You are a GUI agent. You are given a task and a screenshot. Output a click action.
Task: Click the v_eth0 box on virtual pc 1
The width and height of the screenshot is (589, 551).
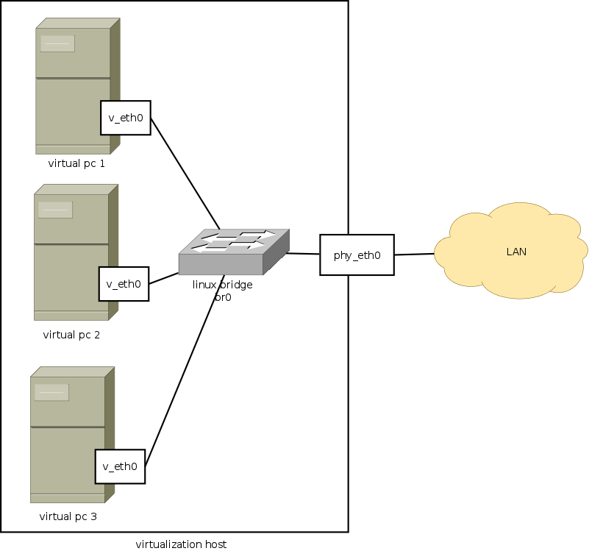pos(125,118)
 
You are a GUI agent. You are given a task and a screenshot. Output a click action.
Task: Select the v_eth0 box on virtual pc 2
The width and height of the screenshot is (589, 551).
pos(124,284)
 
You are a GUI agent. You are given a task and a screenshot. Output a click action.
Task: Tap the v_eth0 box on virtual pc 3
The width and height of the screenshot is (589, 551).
pos(120,466)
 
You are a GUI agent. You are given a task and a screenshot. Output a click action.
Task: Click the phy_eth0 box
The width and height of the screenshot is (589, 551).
pos(357,255)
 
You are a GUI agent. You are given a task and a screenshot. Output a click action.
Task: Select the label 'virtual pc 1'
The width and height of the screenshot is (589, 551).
pos(76,163)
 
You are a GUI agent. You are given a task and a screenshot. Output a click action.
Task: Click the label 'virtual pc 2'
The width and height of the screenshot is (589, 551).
pos(71,335)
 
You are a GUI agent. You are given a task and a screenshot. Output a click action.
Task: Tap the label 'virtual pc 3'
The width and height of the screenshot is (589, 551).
pos(68,516)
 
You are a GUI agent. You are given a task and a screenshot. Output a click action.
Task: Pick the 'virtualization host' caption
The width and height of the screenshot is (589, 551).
pos(181,544)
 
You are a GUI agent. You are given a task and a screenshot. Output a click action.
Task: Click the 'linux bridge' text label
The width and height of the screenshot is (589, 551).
pos(222,285)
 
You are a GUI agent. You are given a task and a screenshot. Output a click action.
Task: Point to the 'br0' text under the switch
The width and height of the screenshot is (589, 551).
pos(222,296)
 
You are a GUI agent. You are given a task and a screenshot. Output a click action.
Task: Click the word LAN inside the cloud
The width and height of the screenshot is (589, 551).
pos(516,252)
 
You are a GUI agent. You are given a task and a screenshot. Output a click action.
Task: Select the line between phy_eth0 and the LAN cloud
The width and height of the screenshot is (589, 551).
pos(414,255)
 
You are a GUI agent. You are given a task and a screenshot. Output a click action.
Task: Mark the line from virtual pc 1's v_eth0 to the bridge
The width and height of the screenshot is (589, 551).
pos(185,174)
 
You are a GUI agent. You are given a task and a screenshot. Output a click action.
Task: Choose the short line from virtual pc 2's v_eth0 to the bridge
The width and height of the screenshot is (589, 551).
pos(164,278)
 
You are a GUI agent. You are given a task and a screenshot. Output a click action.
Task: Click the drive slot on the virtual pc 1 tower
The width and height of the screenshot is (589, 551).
pos(57,43)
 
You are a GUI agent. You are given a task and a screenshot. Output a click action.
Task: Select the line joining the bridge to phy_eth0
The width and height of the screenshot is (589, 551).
pos(303,254)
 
